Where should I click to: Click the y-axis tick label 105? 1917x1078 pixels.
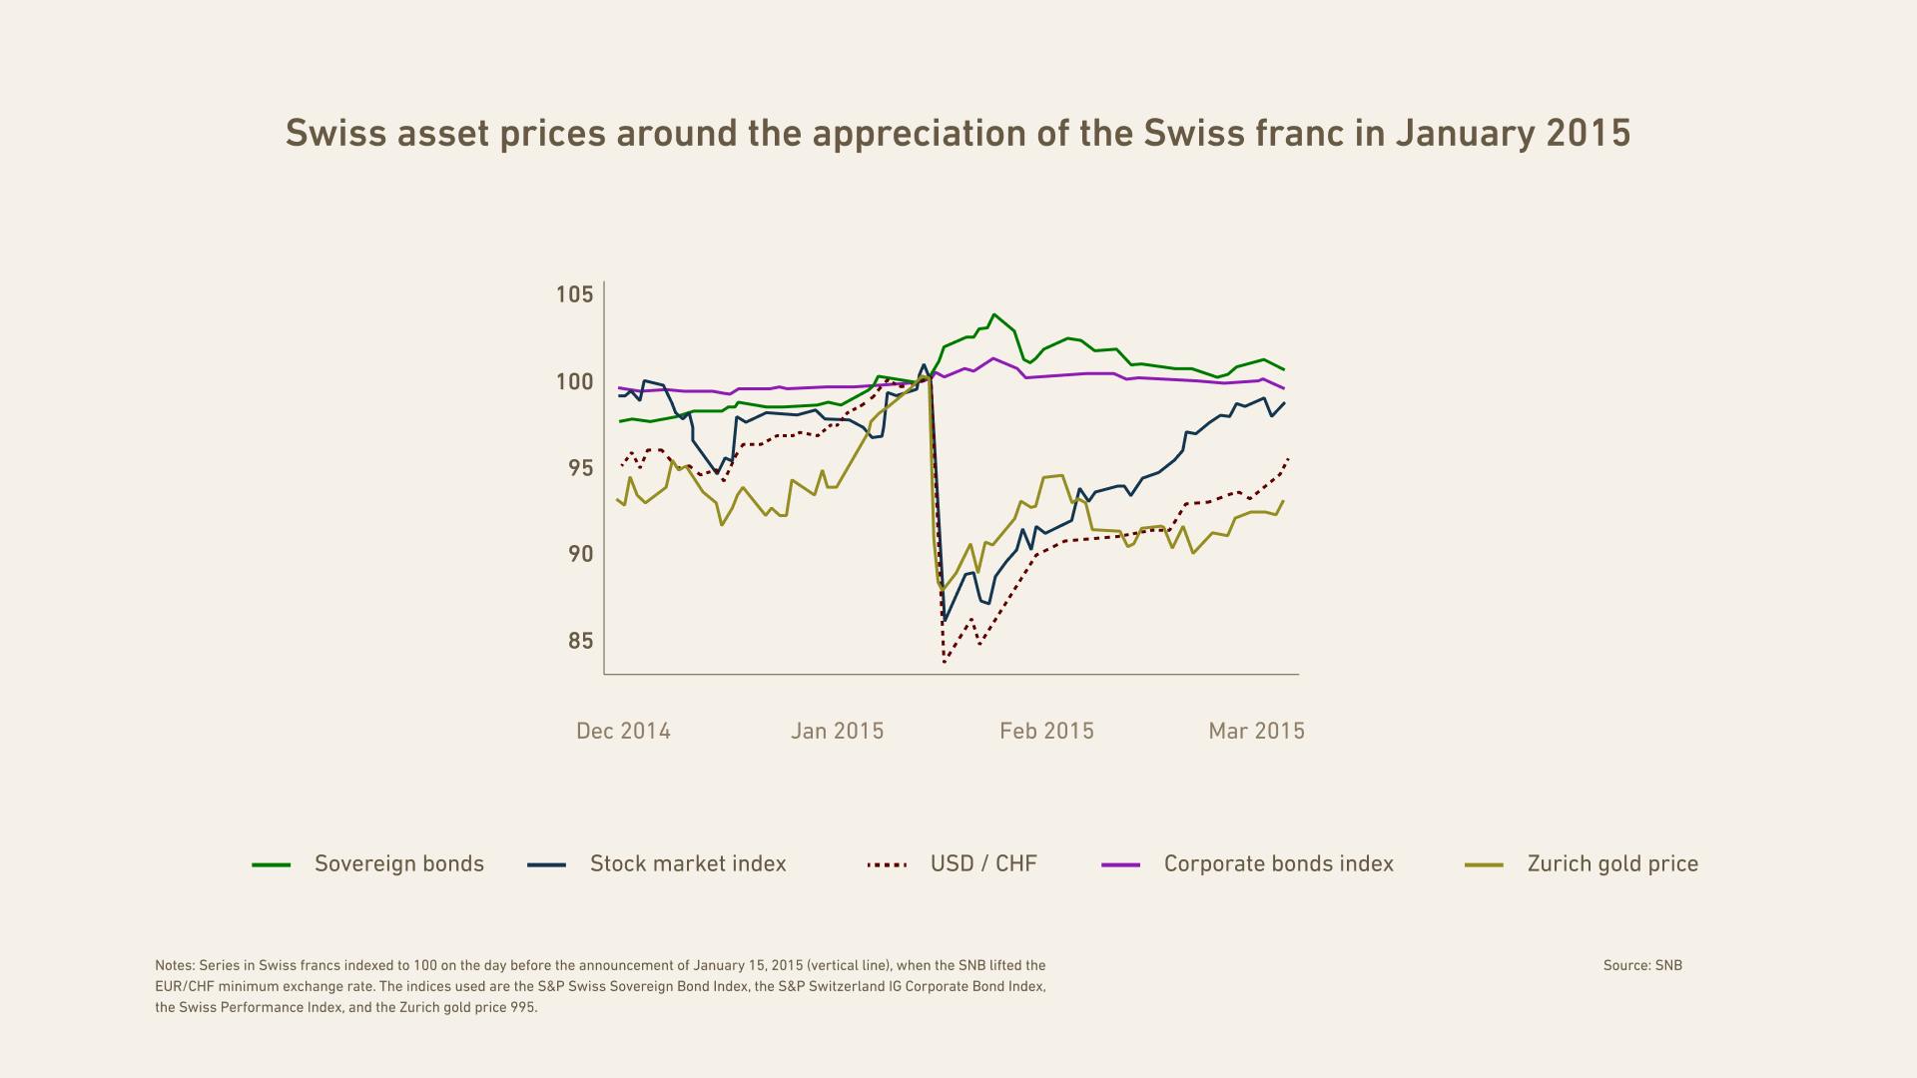pos(574,294)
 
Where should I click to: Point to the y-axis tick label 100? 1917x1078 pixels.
pos(574,381)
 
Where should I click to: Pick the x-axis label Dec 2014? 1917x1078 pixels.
pos(623,731)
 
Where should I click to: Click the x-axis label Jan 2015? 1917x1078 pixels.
pos(837,731)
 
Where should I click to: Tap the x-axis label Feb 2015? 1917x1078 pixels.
pos(1046,731)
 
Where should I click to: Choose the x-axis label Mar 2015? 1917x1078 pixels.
pos(1256,731)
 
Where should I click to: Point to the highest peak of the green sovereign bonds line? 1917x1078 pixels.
pos(993,314)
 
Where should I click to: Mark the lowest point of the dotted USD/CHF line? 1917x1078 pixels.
pos(944,662)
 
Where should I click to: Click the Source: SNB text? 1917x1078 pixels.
pos(1642,965)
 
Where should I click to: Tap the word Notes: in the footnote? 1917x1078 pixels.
pos(175,965)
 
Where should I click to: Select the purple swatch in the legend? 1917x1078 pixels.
pos(1120,864)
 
